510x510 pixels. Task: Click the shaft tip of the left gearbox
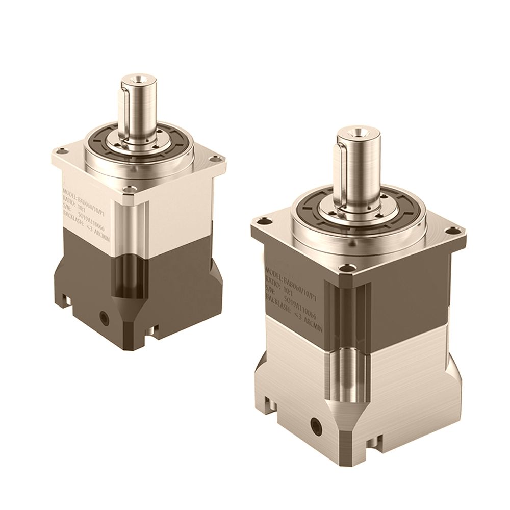(138, 81)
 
